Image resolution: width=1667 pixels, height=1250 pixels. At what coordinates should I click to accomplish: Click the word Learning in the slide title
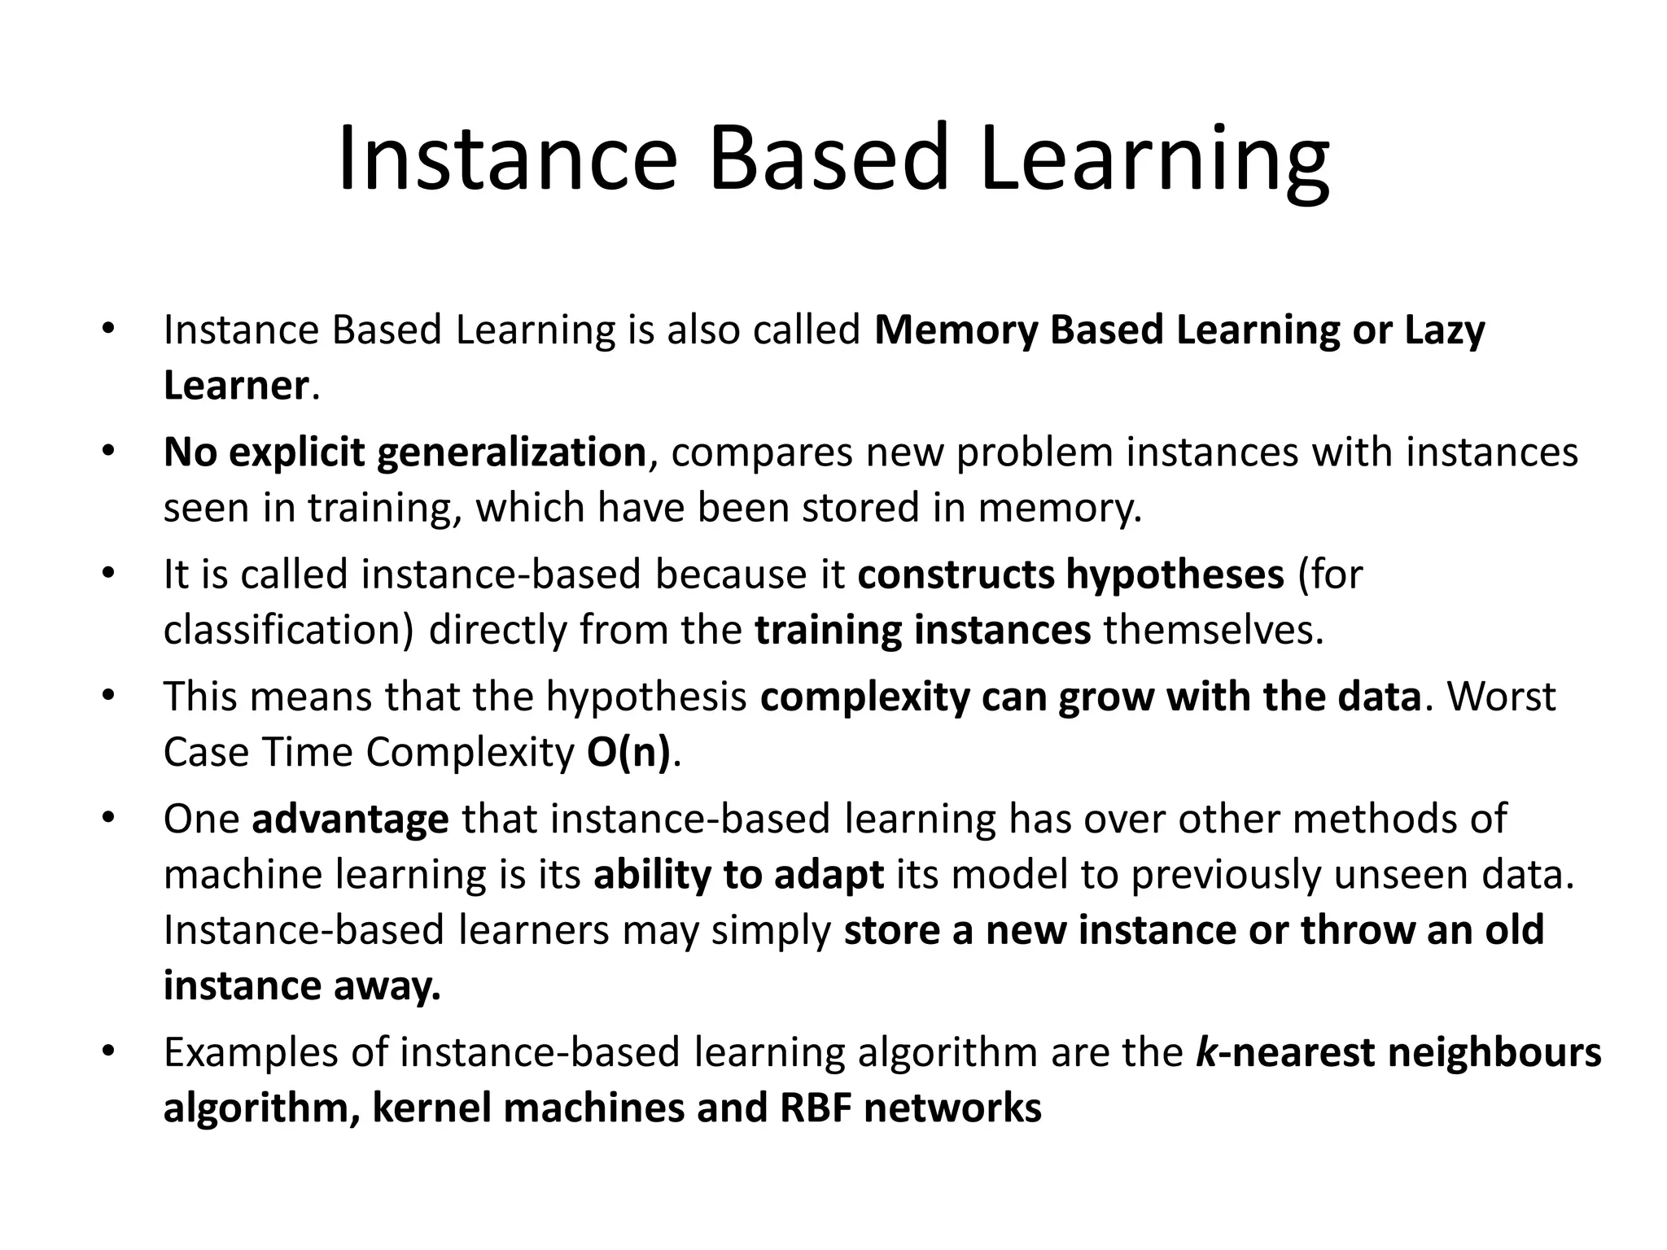point(1155,160)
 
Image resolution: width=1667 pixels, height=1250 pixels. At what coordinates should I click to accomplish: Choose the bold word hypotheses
point(1175,575)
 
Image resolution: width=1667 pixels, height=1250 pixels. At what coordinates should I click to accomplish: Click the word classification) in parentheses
point(289,631)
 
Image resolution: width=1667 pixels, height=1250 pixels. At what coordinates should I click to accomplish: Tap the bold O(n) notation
point(628,753)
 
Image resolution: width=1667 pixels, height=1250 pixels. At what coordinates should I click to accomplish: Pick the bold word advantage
point(350,819)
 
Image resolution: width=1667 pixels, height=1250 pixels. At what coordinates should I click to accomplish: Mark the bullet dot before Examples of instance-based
point(107,1051)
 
